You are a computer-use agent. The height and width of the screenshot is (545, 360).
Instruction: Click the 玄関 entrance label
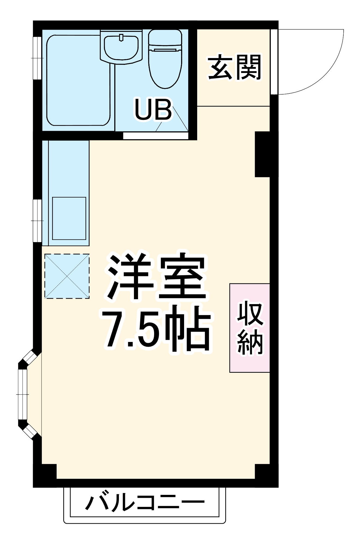coord(235,67)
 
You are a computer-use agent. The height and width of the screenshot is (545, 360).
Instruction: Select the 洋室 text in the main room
coord(157,278)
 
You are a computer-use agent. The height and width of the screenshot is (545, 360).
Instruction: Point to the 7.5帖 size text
coord(157,330)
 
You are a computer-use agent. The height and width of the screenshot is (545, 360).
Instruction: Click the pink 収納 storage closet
coord(250,328)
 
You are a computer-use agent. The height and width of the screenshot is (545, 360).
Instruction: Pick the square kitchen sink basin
coord(69,218)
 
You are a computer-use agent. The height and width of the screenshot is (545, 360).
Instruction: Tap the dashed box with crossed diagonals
coord(67,276)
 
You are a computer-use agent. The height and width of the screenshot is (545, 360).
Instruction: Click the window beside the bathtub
coord(37,58)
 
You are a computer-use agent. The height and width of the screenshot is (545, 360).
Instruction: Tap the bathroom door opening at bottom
coord(155,135)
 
